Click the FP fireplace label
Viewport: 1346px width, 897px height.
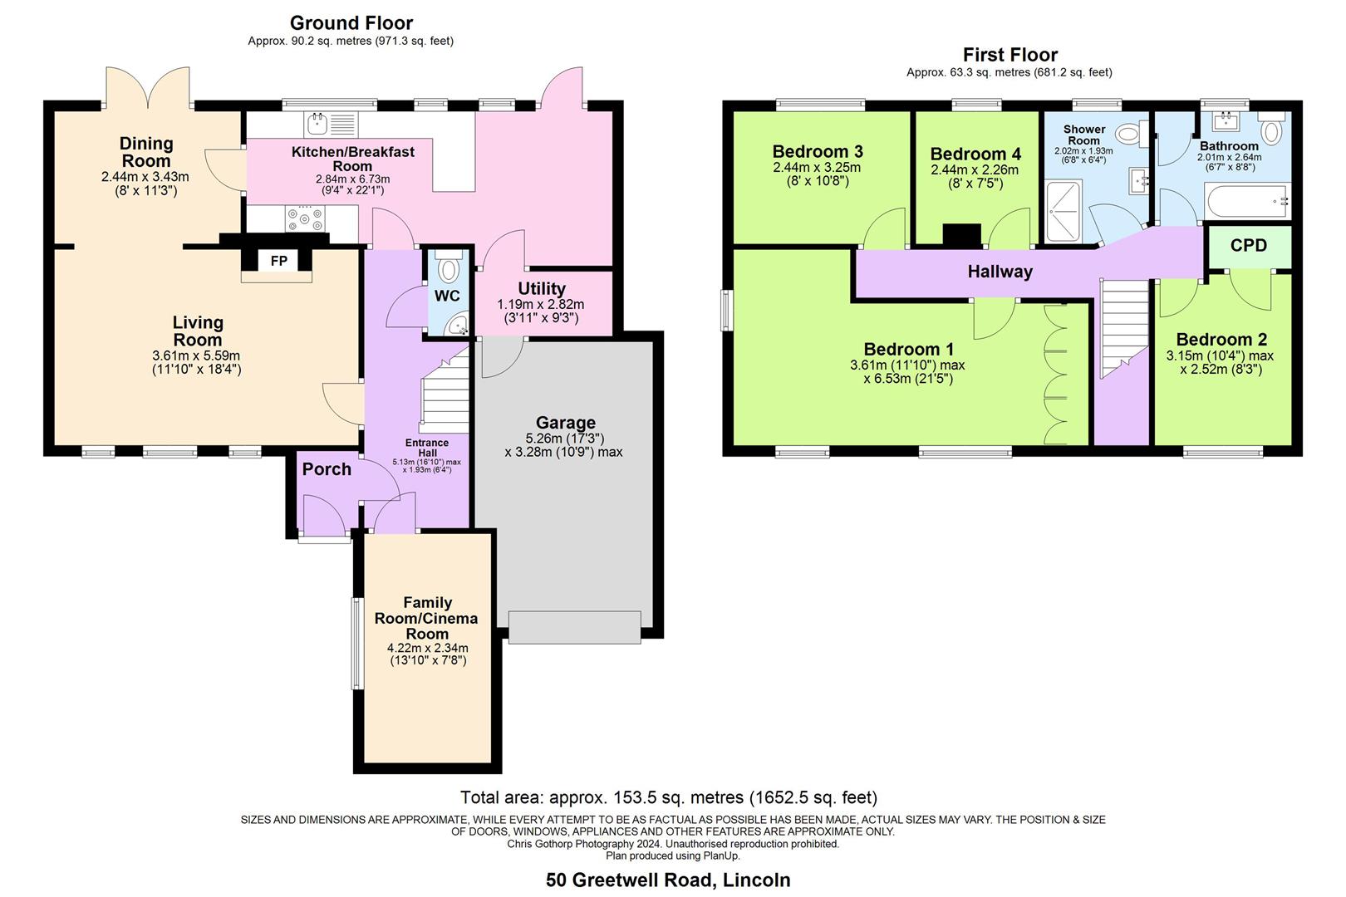point(278,262)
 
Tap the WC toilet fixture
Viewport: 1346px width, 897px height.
point(449,268)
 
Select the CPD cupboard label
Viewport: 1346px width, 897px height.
point(1248,246)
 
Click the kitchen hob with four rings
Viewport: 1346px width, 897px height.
point(305,219)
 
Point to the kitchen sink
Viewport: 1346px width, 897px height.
point(317,125)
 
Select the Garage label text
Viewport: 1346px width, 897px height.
point(565,423)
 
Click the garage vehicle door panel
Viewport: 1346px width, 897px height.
point(574,627)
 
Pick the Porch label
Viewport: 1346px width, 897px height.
point(327,469)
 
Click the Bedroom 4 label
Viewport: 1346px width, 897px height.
point(975,154)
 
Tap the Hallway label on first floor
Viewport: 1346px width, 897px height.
point(1000,272)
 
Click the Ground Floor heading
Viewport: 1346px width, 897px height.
point(351,23)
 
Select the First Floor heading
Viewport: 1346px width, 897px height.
point(1009,55)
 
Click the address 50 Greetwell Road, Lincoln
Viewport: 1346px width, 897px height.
point(668,880)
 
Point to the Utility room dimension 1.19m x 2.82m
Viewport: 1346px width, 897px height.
point(541,305)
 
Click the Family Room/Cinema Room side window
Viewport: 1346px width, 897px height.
point(356,644)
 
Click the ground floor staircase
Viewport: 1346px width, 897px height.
point(445,399)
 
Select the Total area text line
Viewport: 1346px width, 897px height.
point(668,798)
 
